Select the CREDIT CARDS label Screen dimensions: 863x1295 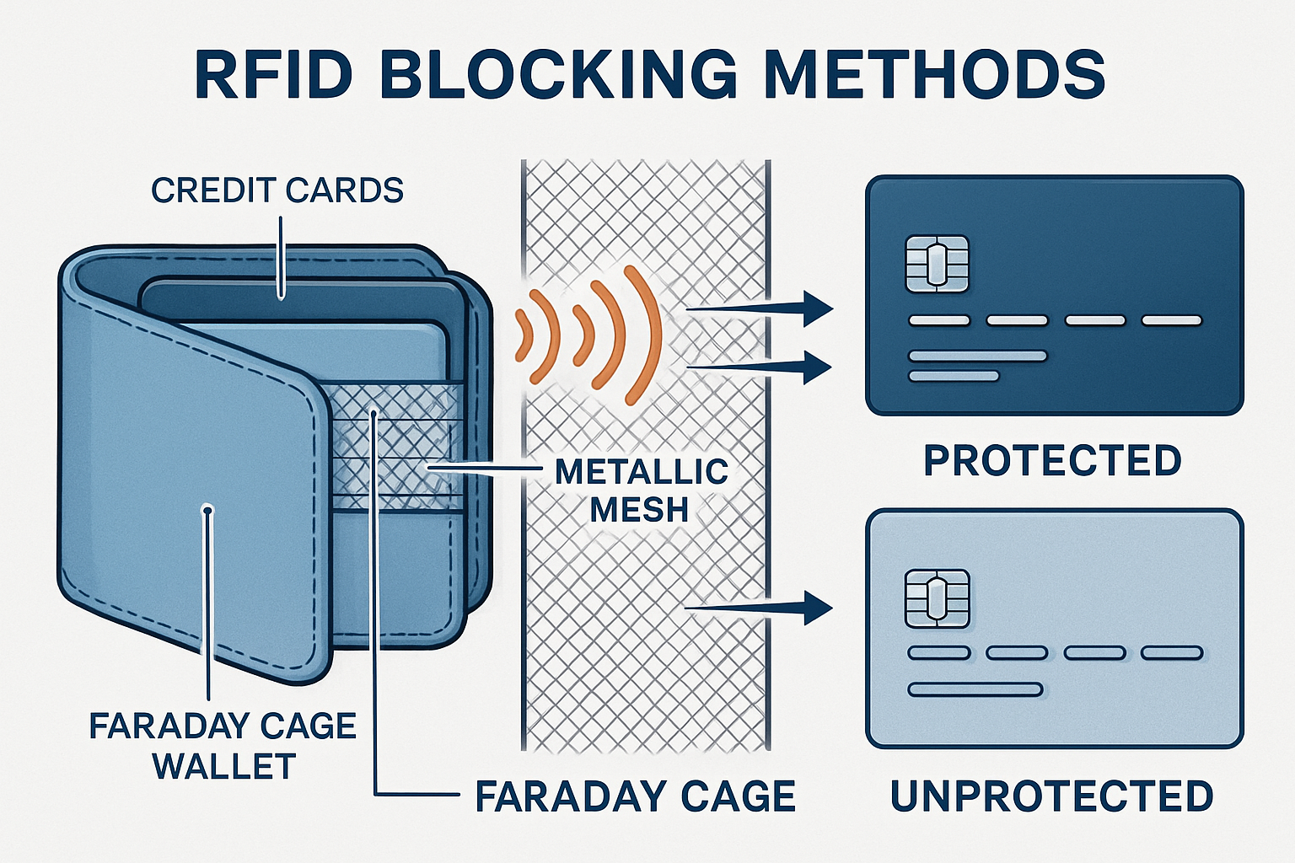(277, 190)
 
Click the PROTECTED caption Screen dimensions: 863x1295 (1052, 461)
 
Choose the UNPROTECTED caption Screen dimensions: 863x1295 (1051, 796)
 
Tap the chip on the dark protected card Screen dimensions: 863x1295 (937, 265)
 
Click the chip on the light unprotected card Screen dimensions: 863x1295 (937, 598)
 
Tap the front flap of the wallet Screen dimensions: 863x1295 (194, 472)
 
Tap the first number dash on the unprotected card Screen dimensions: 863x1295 (938, 653)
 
